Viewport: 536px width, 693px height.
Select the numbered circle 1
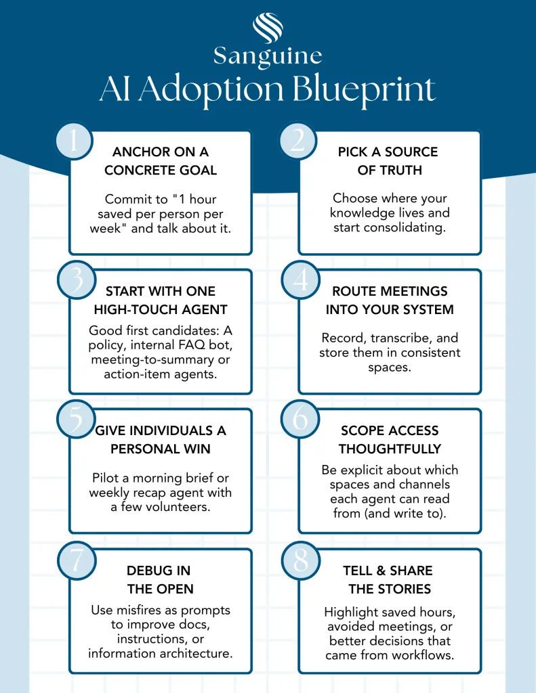(73, 141)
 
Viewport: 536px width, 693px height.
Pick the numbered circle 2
(297, 141)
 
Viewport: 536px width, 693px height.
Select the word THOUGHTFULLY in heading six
(390, 449)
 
